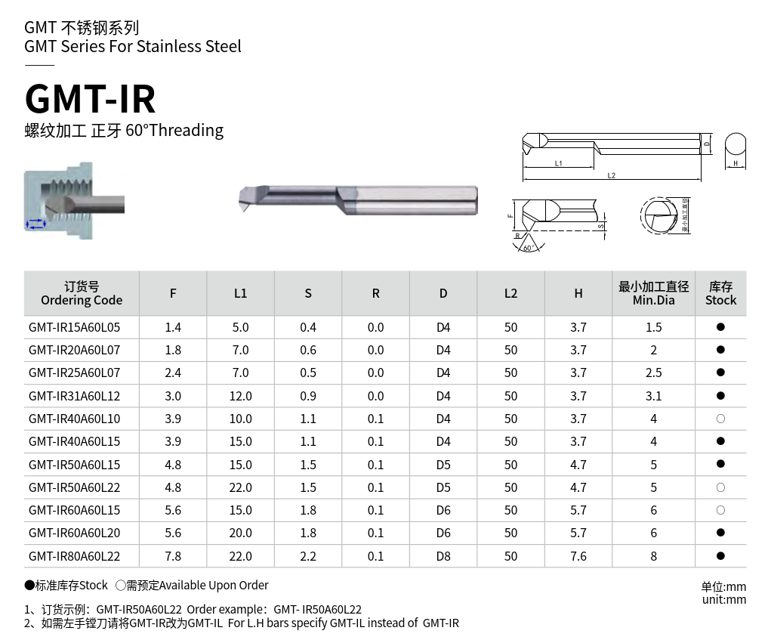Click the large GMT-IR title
91,98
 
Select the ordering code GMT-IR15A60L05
74,327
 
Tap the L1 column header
240,293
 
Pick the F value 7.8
173,556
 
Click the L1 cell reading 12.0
240,396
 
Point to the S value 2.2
308,556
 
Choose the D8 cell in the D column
443,556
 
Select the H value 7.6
578,556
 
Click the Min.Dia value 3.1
654,396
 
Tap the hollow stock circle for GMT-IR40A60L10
720,419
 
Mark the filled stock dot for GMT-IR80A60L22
720,556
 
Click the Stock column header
720,293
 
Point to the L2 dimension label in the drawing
611,176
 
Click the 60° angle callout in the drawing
527,248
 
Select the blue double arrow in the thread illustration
35,223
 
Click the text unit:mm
723,600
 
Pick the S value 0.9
308,396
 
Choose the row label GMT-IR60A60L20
74,533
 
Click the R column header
375,293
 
